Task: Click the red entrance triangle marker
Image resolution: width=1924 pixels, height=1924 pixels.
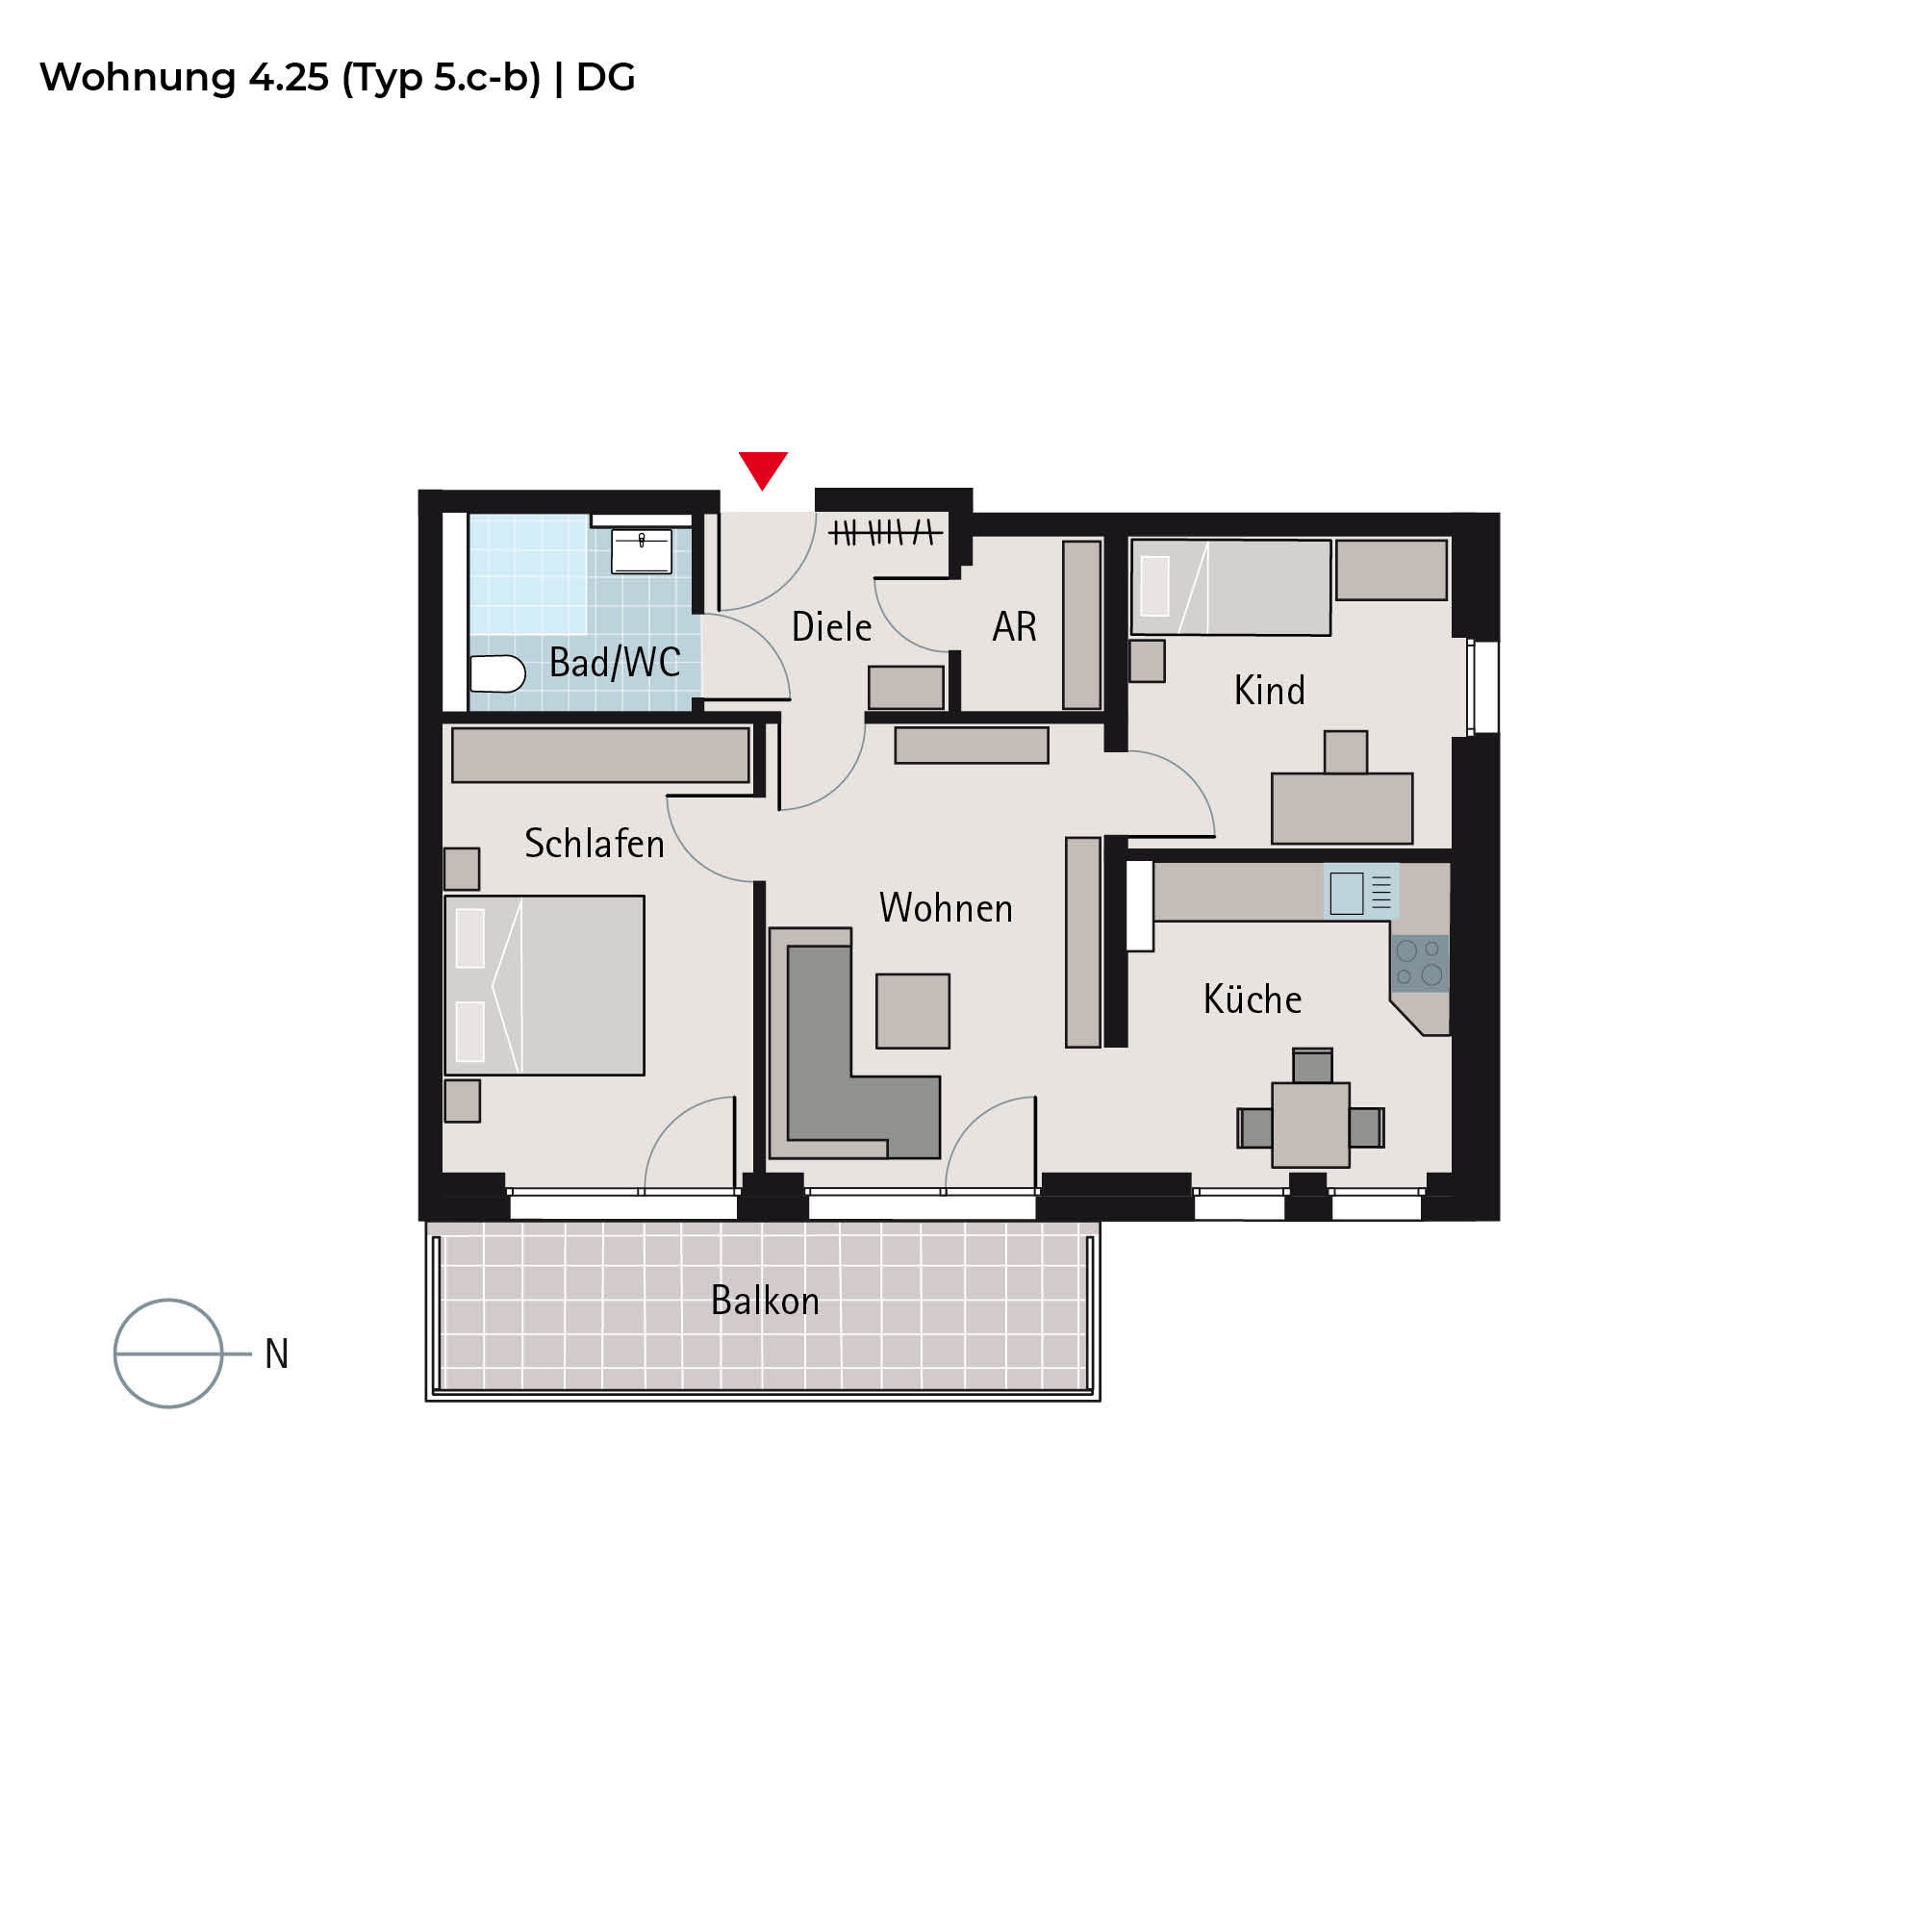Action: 763,468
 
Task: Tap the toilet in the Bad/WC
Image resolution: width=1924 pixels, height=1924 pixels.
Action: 497,674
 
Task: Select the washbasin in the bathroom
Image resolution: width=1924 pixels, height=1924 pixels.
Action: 642,550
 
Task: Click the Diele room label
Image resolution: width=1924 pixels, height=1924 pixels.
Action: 831,627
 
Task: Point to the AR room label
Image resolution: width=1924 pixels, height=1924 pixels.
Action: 1015,626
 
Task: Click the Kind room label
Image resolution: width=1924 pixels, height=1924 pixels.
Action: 1269,690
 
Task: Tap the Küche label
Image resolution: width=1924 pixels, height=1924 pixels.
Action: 1252,998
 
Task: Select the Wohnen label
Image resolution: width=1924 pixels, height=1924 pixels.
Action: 945,908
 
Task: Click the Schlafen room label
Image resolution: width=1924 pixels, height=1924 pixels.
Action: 594,844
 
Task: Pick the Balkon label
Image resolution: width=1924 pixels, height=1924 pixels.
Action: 765,1301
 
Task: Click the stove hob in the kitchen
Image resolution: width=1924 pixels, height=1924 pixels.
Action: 1419,963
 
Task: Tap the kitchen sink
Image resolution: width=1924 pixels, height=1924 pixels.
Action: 1360,892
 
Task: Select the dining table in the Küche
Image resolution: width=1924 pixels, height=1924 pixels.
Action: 1310,1125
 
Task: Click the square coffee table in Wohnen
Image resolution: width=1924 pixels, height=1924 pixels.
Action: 912,1011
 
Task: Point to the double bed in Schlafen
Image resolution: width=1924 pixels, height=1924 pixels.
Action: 544,985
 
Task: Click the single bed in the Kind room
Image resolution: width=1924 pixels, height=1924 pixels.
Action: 1231,588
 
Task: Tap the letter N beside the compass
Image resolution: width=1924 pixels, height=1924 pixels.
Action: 277,1354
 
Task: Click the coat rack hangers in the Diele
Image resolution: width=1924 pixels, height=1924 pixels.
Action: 884,533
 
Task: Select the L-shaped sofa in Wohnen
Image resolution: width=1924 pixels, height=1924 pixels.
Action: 854,1044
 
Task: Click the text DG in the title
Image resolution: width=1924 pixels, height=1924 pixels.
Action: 605,78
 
